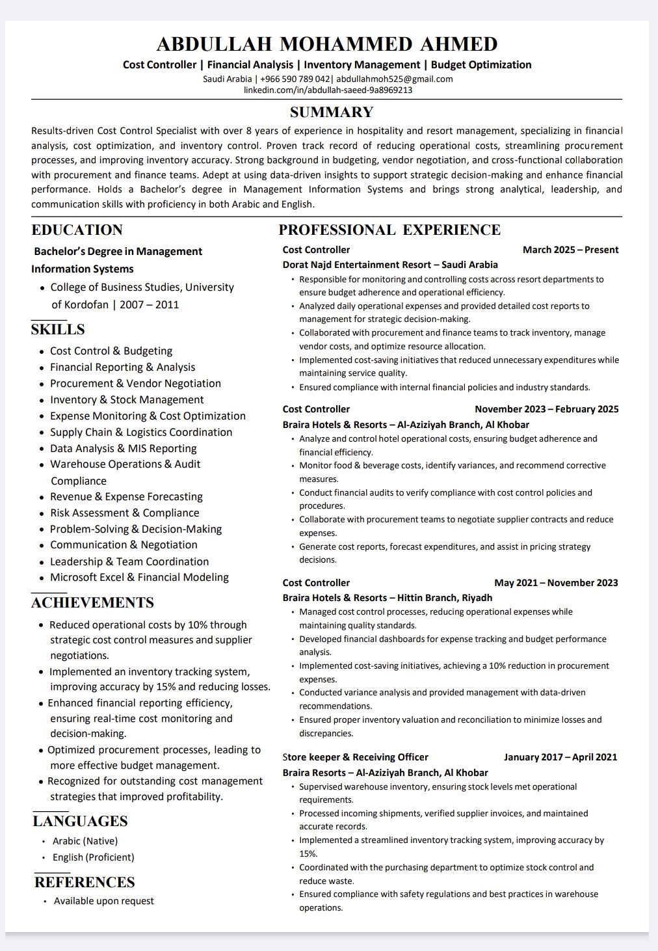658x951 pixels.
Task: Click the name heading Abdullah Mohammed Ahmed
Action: pyautogui.click(x=327, y=44)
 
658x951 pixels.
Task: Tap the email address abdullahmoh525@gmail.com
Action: pyautogui.click(x=394, y=79)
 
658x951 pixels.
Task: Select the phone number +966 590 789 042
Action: pyautogui.click(x=295, y=79)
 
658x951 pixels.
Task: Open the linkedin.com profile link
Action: pyautogui.click(x=328, y=90)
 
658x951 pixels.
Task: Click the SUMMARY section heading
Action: pyautogui.click(x=332, y=112)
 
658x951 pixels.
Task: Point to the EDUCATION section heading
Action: pyautogui.click(x=77, y=230)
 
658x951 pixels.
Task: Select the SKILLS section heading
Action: pyautogui.click(x=58, y=329)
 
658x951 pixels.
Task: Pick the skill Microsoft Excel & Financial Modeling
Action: pyautogui.click(x=139, y=577)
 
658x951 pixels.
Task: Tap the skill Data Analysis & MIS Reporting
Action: pyautogui.click(x=123, y=448)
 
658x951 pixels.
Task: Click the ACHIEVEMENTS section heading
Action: pyautogui.click(x=92, y=602)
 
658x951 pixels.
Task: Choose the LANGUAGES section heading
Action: pyautogui.click(x=80, y=821)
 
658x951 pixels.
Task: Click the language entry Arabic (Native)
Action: pyautogui.click(x=85, y=841)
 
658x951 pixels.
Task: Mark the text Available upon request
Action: pyautogui.click(x=103, y=901)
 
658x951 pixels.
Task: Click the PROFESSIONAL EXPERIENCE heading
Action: pyautogui.click(x=389, y=230)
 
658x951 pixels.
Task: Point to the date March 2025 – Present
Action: pyautogui.click(x=570, y=250)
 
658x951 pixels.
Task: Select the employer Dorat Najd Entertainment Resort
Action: pyautogui.click(x=356, y=265)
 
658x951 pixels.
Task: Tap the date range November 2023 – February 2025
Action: pyautogui.click(x=546, y=409)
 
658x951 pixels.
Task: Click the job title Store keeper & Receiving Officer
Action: pyautogui.click(x=355, y=757)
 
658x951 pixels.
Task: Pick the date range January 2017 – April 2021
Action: pyautogui.click(x=560, y=757)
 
